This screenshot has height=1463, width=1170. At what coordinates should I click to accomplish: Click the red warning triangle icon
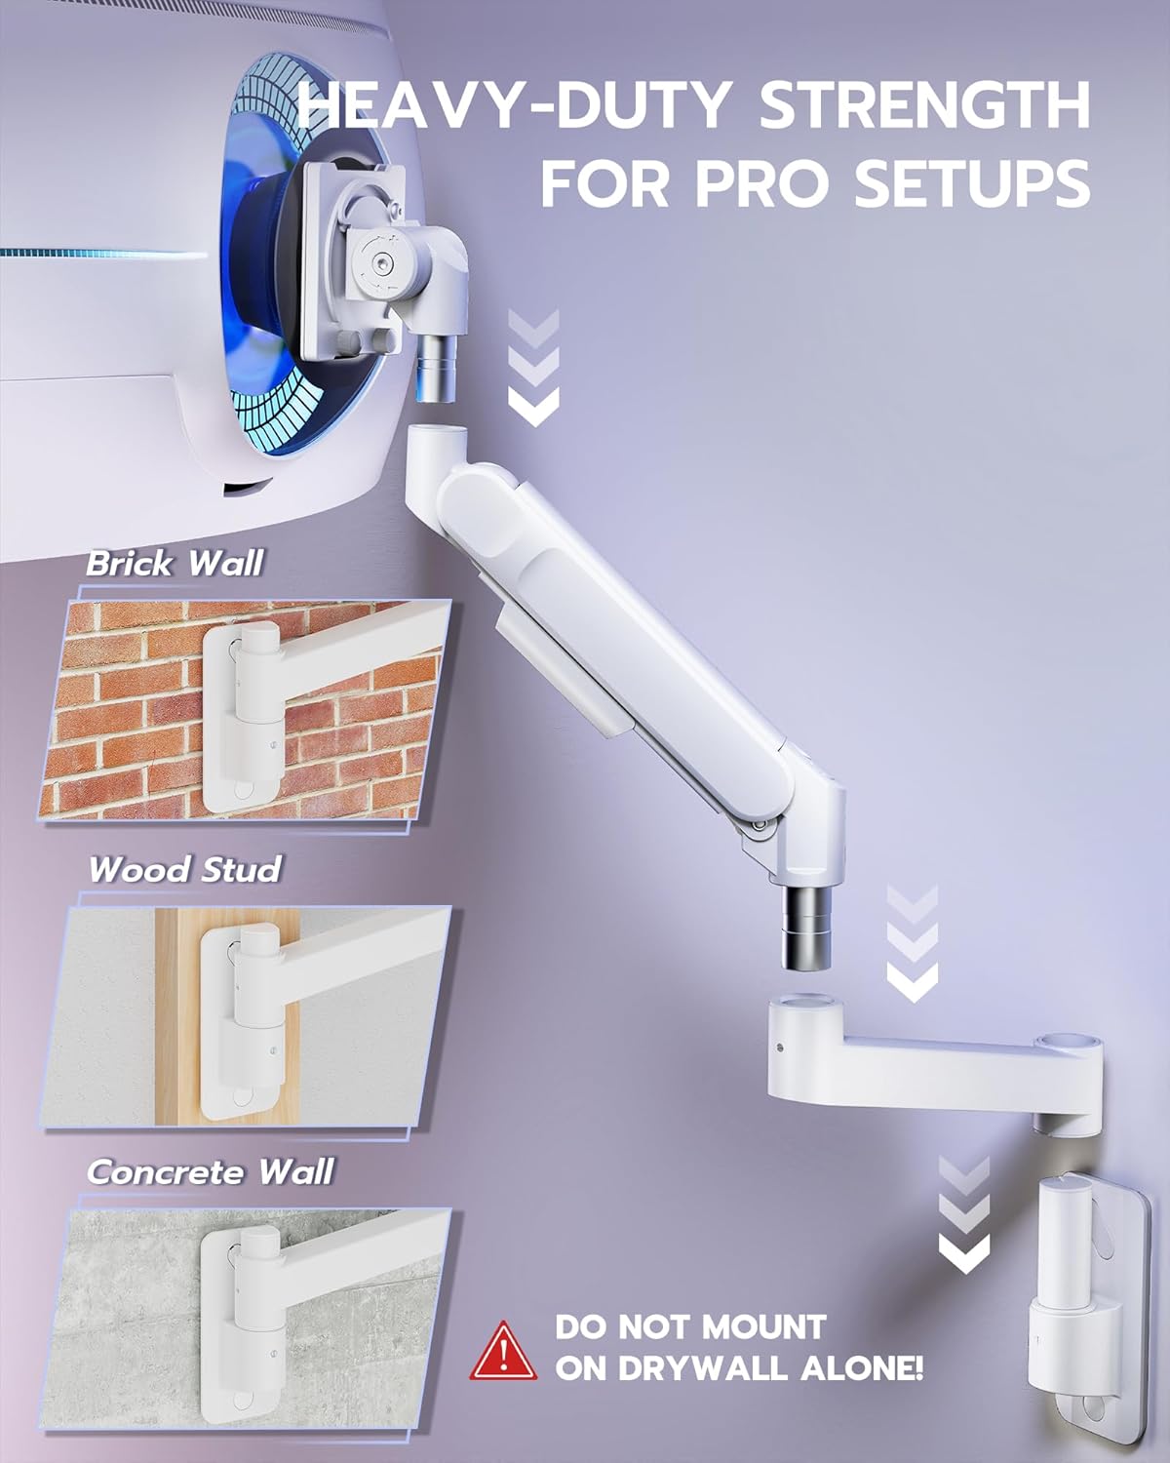(x=502, y=1352)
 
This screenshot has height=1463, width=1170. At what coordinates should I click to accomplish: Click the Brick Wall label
(x=175, y=564)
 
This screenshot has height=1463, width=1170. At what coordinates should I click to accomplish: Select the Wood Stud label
(x=184, y=869)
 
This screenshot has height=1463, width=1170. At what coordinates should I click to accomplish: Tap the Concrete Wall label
(x=210, y=1171)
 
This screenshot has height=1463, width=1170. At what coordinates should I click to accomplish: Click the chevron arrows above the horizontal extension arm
(x=913, y=942)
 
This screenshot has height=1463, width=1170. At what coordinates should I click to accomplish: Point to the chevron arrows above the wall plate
(x=963, y=1214)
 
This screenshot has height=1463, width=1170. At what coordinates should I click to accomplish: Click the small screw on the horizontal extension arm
(x=781, y=1049)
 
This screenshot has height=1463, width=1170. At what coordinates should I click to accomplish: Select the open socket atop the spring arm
(x=436, y=434)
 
